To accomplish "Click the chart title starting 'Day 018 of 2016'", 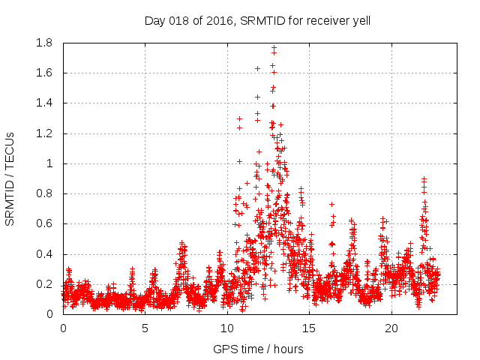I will (x=257, y=20).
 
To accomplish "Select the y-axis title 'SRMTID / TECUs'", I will (x=10, y=179).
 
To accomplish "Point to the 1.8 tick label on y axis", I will (x=46, y=43).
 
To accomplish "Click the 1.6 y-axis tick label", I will (x=46, y=73).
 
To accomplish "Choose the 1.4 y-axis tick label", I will (x=46, y=103).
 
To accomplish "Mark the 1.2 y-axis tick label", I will (x=46, y=133).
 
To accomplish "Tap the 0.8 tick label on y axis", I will (x=46, y=193).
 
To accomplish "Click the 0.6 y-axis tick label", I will (x=46, y=223).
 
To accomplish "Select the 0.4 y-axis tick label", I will (x=46, y=254).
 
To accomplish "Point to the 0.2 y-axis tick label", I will (x=46, y=284).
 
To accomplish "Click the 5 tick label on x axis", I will (x=145, y=328).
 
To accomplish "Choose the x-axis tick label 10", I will (x=227, y=328).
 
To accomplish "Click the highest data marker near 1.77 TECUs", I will (x=274, y=47).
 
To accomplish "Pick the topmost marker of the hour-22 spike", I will (x=424, y=178).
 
